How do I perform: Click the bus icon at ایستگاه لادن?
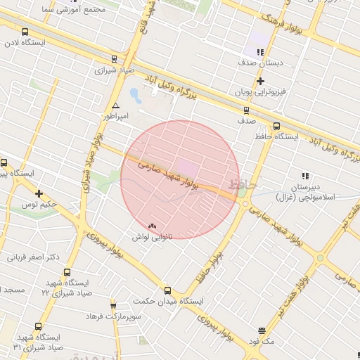[x=25, y=32]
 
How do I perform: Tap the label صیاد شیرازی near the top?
[x=114, y=70]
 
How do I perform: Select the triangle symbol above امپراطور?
[x=115, y=105]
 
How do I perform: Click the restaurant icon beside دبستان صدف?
[x=260, y=52]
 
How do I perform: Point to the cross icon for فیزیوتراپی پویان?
[x=260, y=82]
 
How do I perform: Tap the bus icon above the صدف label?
[x=245, y=110]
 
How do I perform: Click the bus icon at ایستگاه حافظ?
[x=276, y=127]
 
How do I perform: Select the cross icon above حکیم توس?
[x=39, y=193]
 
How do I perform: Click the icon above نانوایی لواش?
[x=153, y=226]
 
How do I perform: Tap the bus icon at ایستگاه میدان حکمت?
[x=167, y=290]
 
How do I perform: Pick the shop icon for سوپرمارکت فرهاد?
[x=114, y=306]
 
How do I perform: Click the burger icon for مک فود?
[x=262, y=330]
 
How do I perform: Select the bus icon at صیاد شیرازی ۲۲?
[x=67, y=273]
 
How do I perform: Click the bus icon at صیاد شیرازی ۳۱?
[x=38, y=327]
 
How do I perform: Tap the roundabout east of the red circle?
[x=245, y=204]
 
